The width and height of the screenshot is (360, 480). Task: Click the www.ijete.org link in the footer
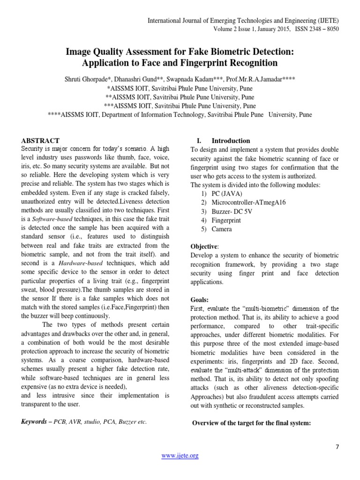[x=180, y=456]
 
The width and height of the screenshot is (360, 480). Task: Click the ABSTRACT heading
[x=41, y=141]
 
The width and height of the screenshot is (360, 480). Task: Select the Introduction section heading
[x=231, y=141]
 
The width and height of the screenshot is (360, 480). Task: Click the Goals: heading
[x=200, y=300]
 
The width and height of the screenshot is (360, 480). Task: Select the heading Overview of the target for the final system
[x=252, y=423]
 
